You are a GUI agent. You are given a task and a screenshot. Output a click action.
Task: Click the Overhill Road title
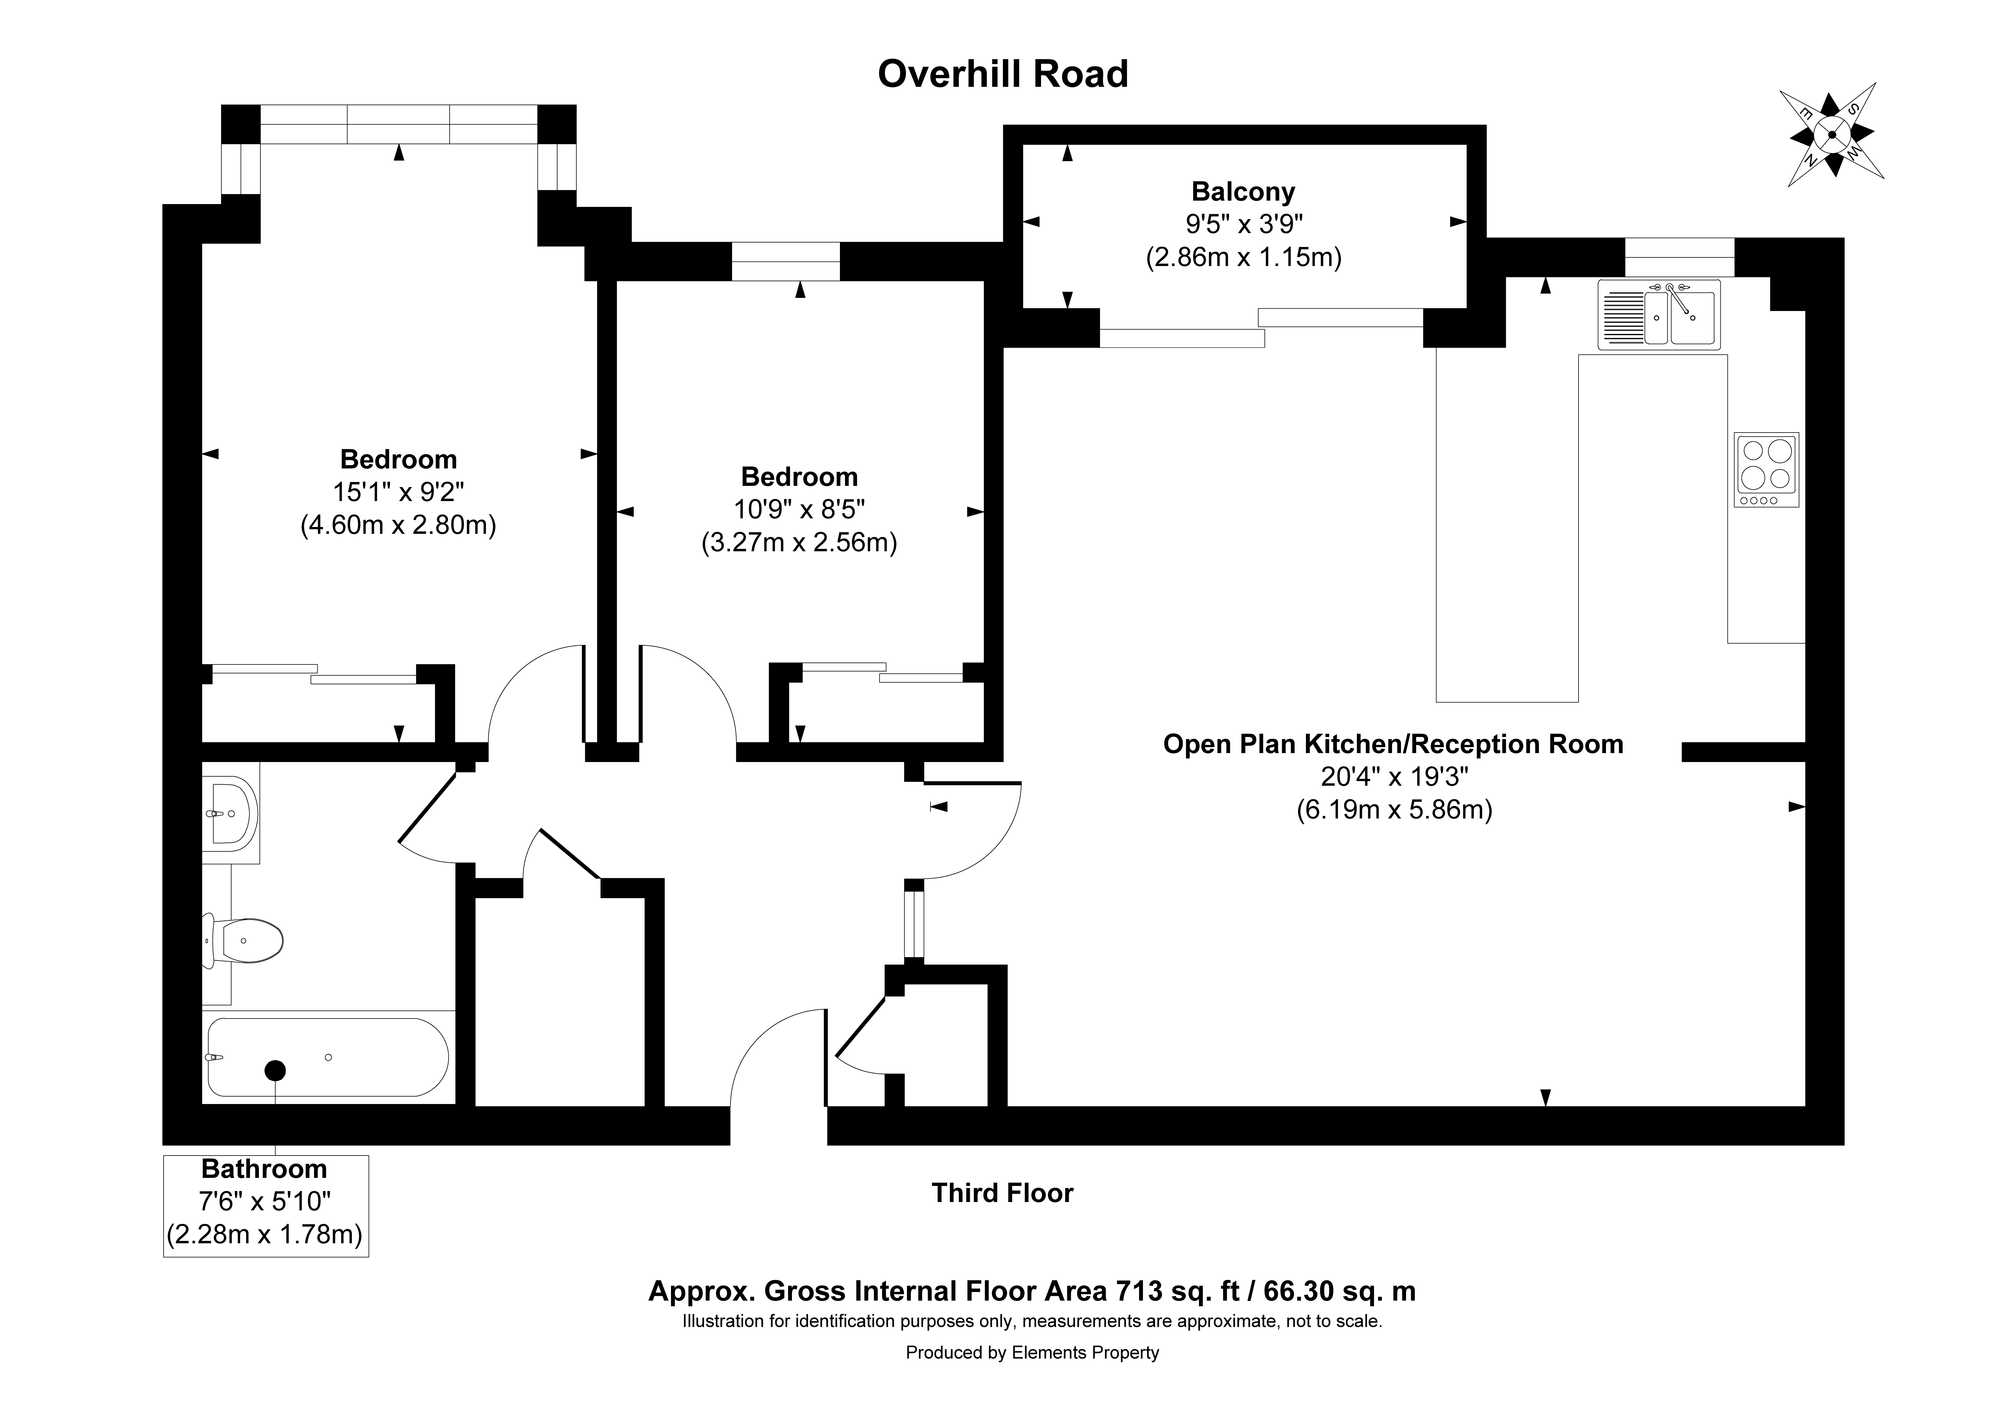1003,74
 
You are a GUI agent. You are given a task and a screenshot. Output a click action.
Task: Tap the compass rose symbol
1830,134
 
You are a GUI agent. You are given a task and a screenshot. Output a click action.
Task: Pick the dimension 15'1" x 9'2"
398,492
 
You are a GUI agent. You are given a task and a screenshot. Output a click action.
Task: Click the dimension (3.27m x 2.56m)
799,543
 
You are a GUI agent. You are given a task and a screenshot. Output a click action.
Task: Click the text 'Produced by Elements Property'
1032,1352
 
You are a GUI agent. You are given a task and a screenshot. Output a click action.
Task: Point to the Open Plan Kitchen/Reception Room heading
1393,744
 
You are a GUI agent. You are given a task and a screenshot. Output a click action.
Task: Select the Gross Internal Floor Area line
1032,1290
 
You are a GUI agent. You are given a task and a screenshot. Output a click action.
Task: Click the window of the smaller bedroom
785,261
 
